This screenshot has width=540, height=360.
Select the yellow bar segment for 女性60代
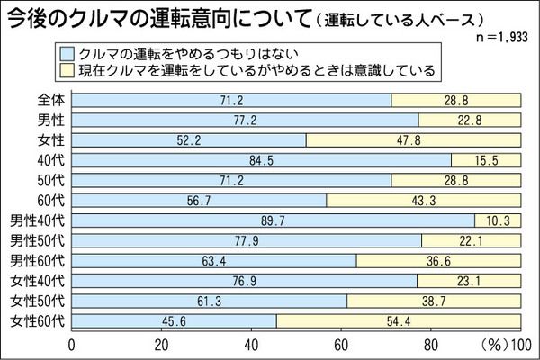tap(398, 321)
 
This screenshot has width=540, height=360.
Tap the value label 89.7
tap(272, 220)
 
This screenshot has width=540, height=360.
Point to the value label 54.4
tap(398, 321)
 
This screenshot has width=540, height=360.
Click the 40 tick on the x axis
tap(252, 344)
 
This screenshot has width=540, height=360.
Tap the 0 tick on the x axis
tap(72, 344)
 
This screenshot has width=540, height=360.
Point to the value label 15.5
tap(486, 159)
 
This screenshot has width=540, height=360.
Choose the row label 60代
tap(51, 200)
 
